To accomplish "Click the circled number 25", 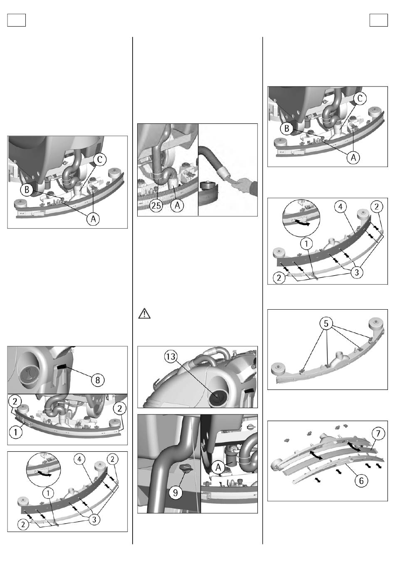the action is [x=156, y=205].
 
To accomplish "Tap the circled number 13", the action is [x=171, y=357].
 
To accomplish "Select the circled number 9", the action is [x=175, y=493].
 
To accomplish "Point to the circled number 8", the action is [x=98, y=380].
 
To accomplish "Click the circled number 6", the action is [x=361, y=480].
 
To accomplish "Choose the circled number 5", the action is [x=326, y=324].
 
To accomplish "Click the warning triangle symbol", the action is [x=144, y=313].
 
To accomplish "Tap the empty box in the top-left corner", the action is [x=17, y=20].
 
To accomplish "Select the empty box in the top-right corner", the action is [x=378, y=20].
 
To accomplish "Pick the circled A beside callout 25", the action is [x=177, y=205].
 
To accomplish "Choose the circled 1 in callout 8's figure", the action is [x=15, y=432].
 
